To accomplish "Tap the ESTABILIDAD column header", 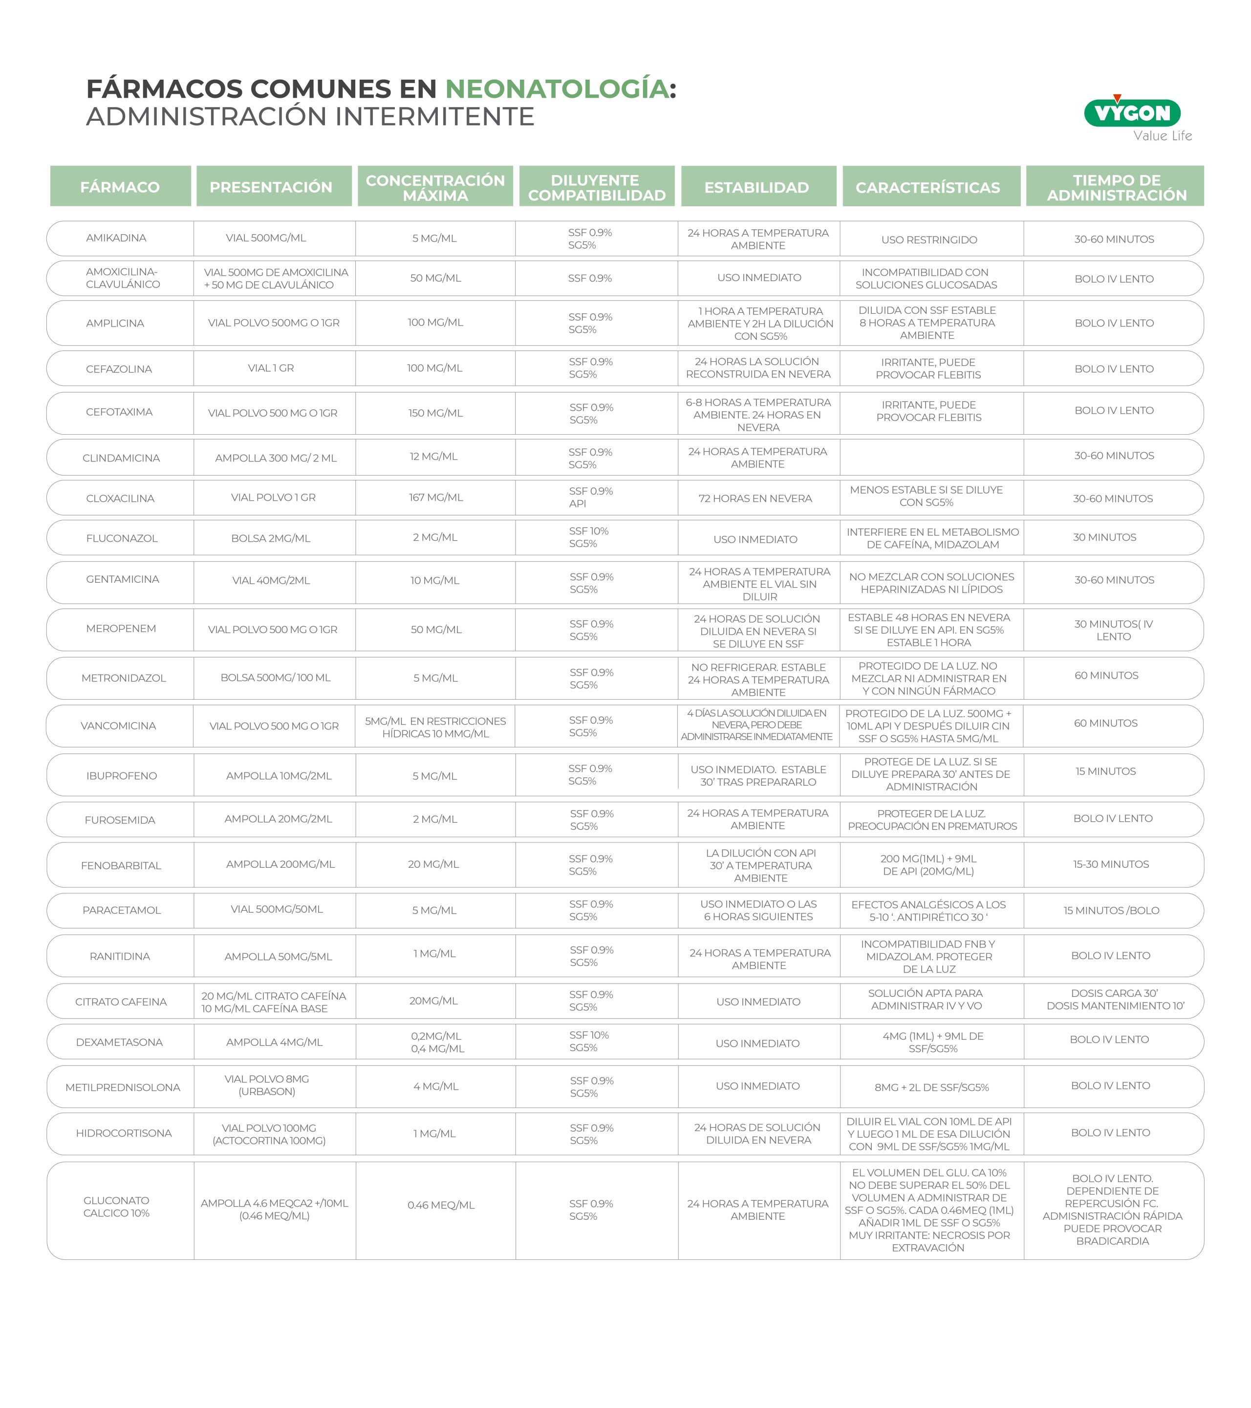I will coord(756,187).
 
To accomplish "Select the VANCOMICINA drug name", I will coord(118,726).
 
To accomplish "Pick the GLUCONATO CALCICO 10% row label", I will coord(116,1207).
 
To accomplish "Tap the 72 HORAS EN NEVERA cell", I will coord(755,499).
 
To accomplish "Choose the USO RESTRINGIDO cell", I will coord(929,240).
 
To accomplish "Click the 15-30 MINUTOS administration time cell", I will coord(1111,864).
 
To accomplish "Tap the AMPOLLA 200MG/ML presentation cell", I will coord(280,864).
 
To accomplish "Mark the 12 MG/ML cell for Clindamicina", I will coord(434,457).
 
